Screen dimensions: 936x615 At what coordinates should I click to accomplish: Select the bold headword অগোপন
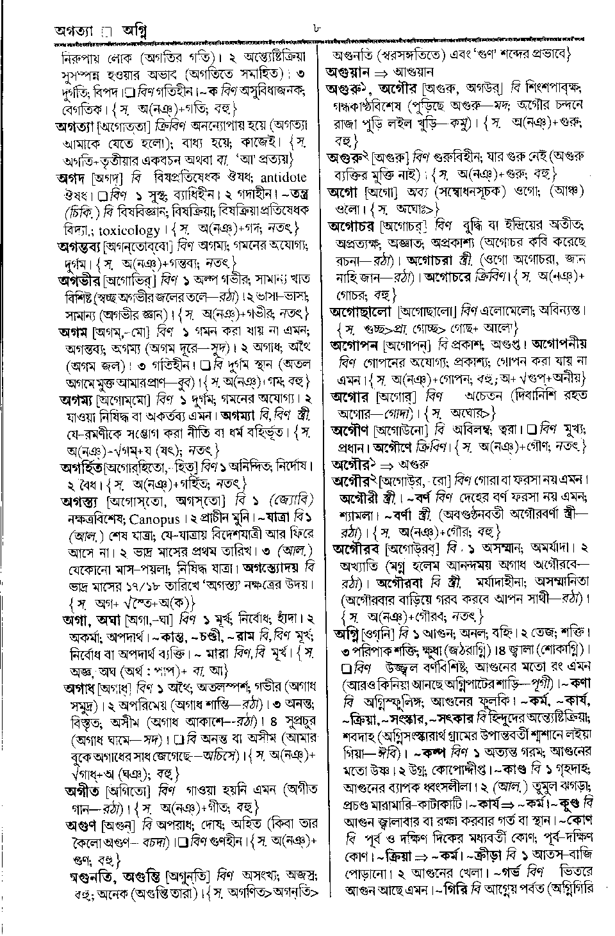[356, 344]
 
